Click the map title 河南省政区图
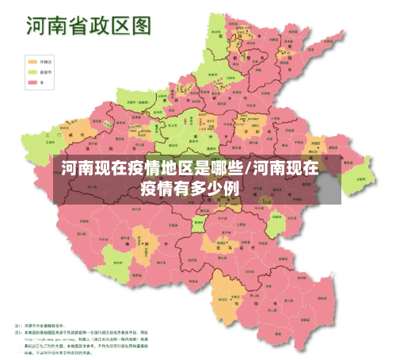point(88,25)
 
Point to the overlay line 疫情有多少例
point(189,189)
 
